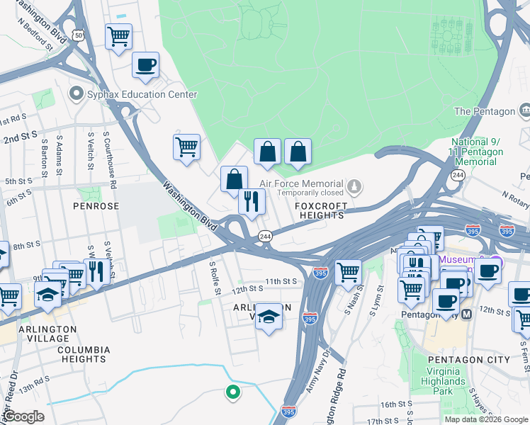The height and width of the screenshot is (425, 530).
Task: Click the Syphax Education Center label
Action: click(x=131, y=94)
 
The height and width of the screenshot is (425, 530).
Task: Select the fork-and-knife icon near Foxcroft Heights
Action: click(x=252, y=202)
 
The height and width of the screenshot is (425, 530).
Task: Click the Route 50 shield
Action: click(x=78, y=34)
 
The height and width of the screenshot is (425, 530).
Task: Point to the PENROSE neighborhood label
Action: click(x=96, y=205)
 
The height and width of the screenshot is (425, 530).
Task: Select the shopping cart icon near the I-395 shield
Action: click(x=347, y=271)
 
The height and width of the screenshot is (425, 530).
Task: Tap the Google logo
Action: click(x=23, y=416)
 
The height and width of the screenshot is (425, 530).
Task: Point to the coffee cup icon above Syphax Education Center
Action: click(x=146, y=65)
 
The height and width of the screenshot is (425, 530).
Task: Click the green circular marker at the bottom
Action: click(x=232, y=391)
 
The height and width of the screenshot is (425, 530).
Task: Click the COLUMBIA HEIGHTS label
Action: click(x=84, y=354)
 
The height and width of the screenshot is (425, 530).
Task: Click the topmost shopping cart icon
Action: click(x=118, y=35)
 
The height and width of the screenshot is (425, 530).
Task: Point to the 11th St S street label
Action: click(x=281, y=280)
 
